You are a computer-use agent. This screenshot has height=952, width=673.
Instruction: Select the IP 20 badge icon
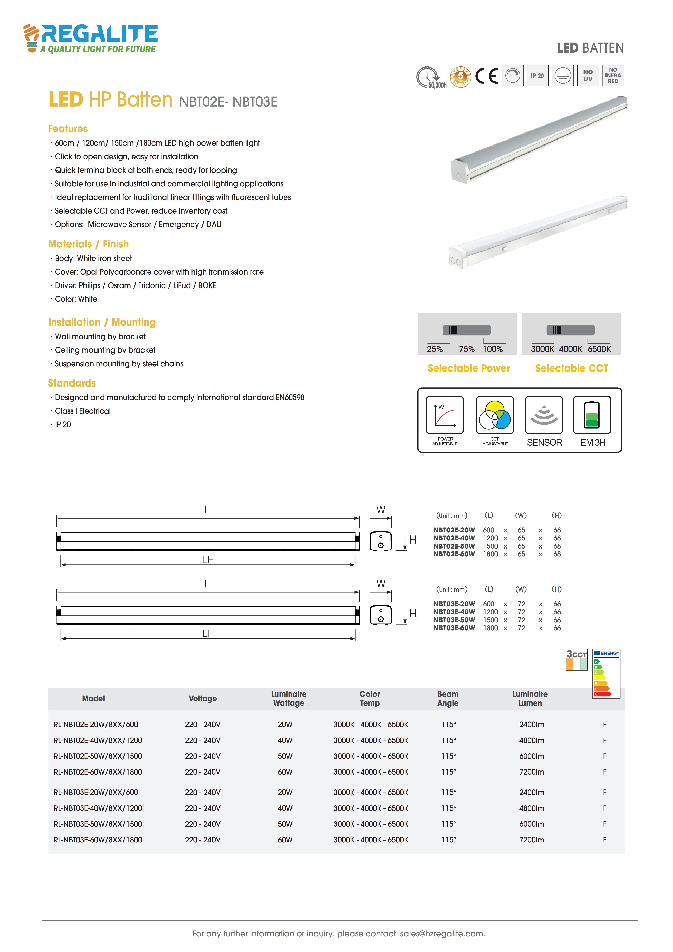537,75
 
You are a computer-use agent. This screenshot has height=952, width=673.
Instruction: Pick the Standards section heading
72,383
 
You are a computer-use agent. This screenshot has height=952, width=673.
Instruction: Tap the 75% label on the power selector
466,349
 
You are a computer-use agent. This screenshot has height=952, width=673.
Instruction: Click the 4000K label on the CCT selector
571,349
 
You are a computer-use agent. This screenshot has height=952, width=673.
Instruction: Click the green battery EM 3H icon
592,415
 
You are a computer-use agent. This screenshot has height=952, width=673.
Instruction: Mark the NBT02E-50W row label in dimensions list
454,546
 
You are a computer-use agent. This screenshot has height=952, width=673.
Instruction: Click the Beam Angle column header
448,699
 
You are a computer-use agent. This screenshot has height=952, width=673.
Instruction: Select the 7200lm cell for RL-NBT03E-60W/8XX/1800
532,840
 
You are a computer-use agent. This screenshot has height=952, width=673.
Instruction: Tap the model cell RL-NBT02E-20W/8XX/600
96,724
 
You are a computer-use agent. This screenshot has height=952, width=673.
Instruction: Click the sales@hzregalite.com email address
442,933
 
